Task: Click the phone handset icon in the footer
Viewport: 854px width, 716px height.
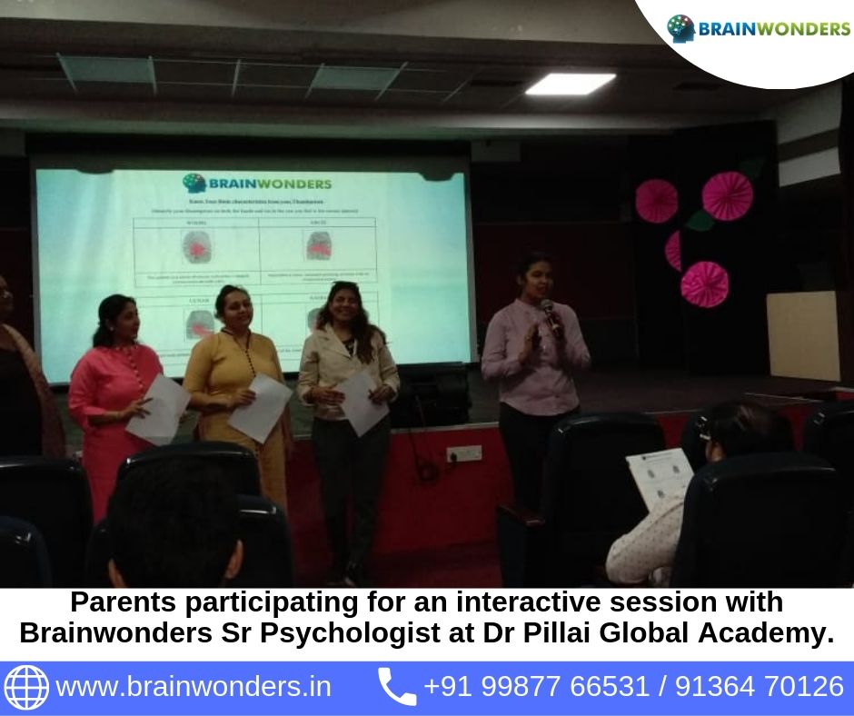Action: click(x=396, y=686)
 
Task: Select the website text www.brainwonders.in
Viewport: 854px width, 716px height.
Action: click(x=194, y=686)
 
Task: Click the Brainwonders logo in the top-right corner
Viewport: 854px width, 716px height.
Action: click(x=758, y=29)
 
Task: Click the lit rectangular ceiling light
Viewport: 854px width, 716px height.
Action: click(x=570, y=84)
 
